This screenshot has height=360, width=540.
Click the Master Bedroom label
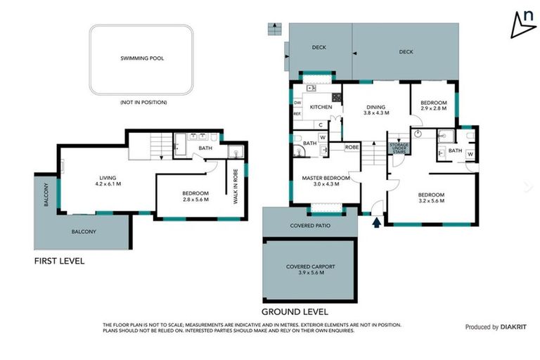coord(326,178)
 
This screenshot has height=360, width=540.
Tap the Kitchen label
coord(321,107)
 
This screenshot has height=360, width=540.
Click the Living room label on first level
coord(108,178)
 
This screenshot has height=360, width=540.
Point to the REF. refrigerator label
coord(297,114)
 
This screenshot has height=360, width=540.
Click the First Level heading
coord(59,261)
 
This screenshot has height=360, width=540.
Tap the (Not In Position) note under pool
coord(143,103)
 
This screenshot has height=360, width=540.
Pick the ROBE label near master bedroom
coord(352,148)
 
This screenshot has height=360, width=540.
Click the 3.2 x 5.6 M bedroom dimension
coord(432,201)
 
